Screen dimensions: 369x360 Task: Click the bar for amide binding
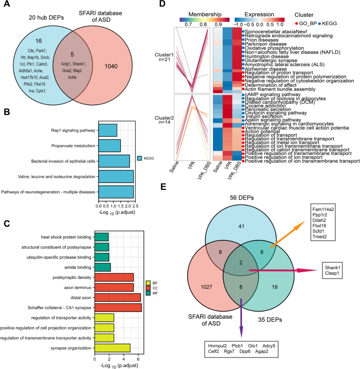[102, 267]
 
